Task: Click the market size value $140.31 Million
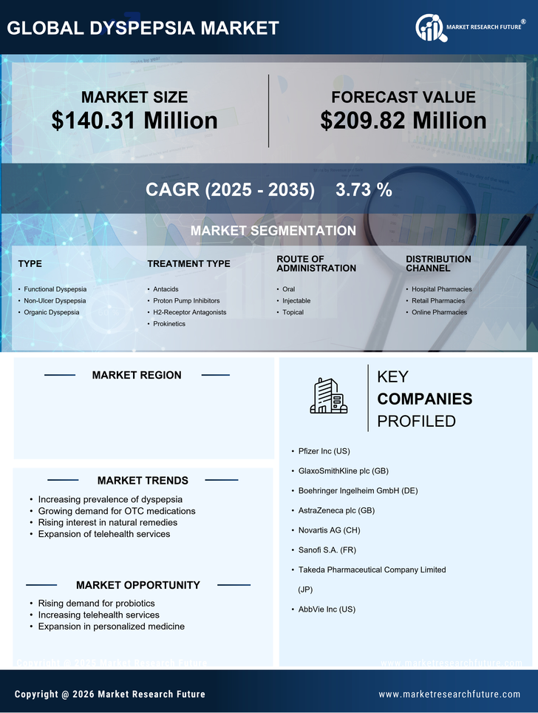coord(134,121)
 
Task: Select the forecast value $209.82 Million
coord(403,121)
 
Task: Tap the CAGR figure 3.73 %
coord(364,190)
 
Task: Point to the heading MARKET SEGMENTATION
coord(273,231)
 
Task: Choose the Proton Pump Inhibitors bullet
coord(186,301)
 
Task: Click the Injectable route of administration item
coord(296,301)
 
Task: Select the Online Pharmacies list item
coord(439,312)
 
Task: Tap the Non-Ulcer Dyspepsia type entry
coord(55,301)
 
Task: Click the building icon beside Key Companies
coord(328,396)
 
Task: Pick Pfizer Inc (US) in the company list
coord(324,451)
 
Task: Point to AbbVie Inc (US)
coord(327,609)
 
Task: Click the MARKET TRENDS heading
coord(143,481)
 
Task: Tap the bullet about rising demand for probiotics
coord(96,604)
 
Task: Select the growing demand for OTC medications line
coord(117,511)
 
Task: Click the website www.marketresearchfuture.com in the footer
coord(449,695)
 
